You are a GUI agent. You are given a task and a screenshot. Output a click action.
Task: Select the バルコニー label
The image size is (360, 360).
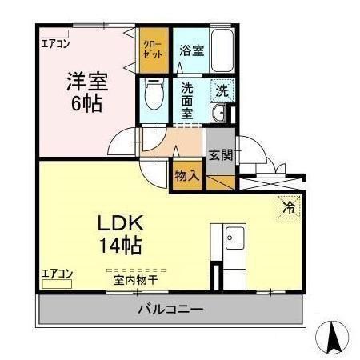pos(170,309)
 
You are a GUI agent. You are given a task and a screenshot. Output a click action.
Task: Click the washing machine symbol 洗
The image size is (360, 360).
pos(223,90)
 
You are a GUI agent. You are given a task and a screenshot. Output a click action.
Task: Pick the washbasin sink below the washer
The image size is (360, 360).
pos(222,114)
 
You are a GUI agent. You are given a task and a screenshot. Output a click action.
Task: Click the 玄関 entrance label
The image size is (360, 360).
pos(220,155)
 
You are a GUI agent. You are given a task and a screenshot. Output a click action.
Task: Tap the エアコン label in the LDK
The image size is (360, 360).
pos(57,274)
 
